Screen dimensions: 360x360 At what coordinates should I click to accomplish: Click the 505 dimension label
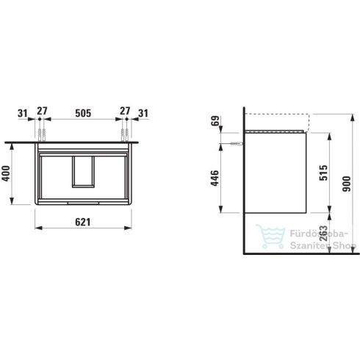(83, 113)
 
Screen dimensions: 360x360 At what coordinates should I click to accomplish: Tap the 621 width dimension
(83, 222)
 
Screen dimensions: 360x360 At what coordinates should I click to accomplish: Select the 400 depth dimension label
(6, 173)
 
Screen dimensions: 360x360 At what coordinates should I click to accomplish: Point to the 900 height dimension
(347, 184)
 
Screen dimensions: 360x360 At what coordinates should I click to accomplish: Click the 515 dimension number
(323, 173)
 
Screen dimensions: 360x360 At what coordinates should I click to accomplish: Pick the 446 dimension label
(215, 178)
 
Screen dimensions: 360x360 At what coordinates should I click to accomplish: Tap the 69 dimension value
(215, 120)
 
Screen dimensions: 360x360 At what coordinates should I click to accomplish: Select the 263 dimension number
(323, 234)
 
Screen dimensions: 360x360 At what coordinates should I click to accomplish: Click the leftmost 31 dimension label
(23, 113)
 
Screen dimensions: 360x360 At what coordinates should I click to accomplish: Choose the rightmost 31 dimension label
(143, 113)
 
